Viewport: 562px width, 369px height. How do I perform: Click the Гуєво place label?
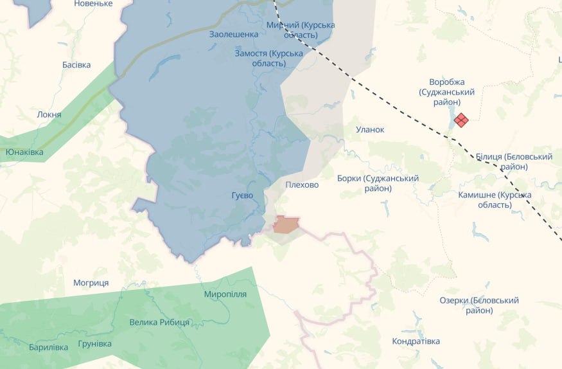(242, 195)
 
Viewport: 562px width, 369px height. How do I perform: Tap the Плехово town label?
(301, 184)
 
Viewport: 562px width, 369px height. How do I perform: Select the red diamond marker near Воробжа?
(461, 120)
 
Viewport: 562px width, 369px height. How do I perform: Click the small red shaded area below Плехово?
(286, 225)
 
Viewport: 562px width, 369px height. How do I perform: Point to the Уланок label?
(370, 129)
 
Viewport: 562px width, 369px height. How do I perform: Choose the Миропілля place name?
(225, 294)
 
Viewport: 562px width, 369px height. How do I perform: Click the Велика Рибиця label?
(159, 322)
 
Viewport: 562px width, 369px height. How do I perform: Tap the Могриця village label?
(91, 283)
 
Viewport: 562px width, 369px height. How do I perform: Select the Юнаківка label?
(24, 152)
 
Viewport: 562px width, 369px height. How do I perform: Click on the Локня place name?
(49, 114)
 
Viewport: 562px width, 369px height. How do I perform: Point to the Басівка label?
(76, 64)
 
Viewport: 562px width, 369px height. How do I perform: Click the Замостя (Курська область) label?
(268, 58)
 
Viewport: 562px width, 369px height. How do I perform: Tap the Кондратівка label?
(416, 341)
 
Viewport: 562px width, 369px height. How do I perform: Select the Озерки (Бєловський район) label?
(479, 305)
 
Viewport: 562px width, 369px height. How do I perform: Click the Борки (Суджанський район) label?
(378, 183)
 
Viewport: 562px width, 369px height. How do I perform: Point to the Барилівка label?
(48, 347)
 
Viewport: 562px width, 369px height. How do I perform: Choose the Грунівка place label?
(94, 343)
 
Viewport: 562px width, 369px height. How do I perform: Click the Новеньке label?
(93, 4)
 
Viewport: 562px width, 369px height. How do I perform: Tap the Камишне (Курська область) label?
(495, 199)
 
